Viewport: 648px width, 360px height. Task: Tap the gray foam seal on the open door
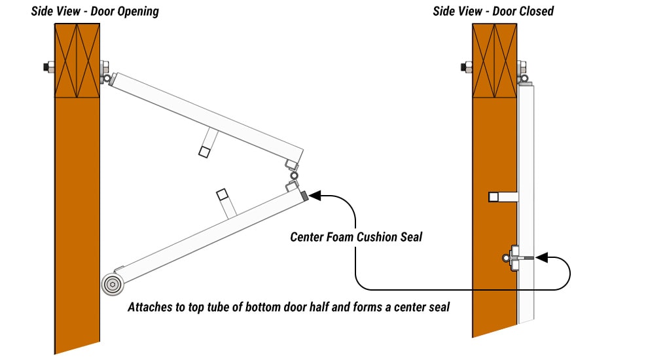point(304,195)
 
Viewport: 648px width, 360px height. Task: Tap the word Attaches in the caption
point(150,306)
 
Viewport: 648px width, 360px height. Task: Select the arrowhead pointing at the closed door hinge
point(541,259)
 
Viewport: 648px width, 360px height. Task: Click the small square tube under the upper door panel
point(204,152)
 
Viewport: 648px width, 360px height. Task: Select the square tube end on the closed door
point(494,196)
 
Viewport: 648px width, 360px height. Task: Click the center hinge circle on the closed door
point(507,258)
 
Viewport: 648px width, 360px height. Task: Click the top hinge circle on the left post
point(105,79)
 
